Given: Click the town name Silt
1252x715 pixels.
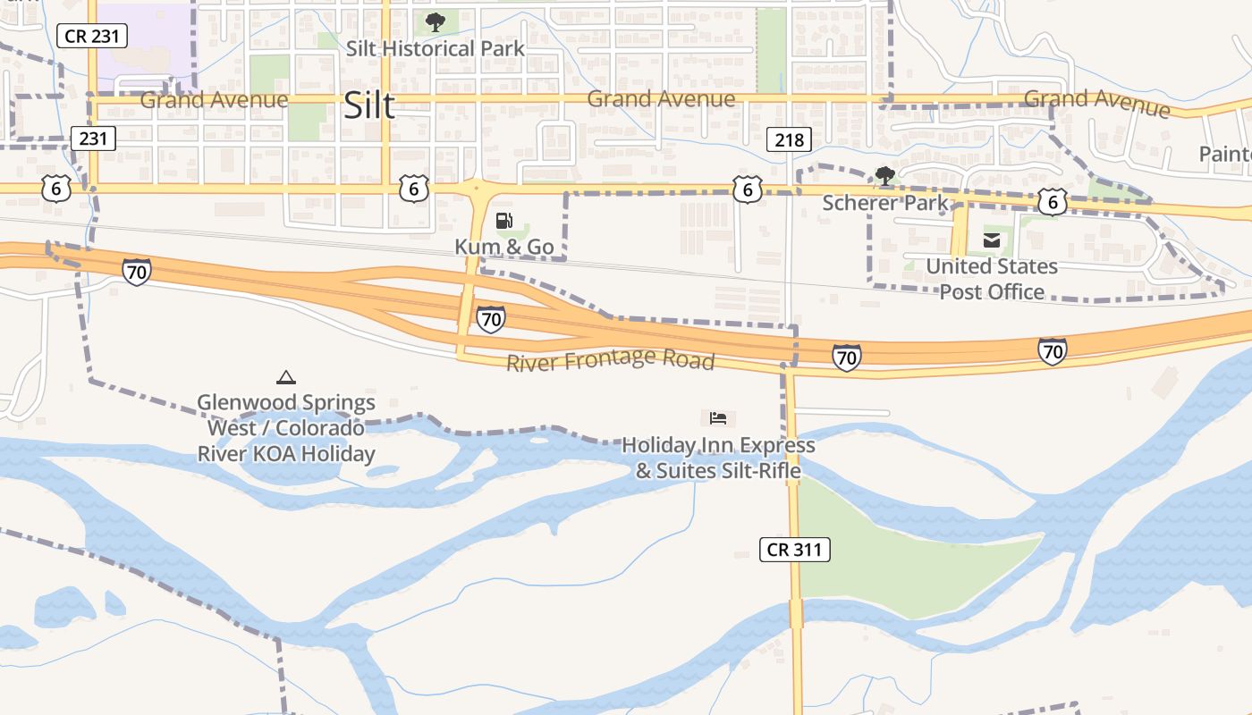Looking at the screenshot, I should click(369, 106).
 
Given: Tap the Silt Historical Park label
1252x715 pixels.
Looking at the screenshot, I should click(436, 48).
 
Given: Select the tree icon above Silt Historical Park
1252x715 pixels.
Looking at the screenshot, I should click(436, 22).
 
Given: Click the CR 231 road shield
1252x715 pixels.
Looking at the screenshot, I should click(92, 36).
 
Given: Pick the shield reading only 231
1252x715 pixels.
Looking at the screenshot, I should click(93, 139).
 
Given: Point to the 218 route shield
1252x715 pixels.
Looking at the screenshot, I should click(789, 139).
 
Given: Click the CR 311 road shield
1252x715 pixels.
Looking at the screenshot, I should click(795, 550).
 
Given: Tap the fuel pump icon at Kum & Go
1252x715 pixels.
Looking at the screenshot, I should click(504, 221).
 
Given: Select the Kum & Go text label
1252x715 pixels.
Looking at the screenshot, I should click(504, 247).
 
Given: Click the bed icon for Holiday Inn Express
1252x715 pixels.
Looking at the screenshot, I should click(718, 417).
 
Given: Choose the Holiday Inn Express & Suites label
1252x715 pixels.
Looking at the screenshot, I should click(718, 457).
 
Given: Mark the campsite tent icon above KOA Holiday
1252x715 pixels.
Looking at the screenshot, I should click(286, 377).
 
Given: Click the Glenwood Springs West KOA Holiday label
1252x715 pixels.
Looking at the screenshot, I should click(286, 428).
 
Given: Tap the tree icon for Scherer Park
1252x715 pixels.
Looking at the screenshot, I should click(885, 176).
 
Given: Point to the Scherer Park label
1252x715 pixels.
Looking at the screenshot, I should click(885, 203).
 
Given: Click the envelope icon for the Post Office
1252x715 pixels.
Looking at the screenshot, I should click(992, 240).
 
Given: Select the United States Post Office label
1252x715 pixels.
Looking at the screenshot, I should click(992, 279).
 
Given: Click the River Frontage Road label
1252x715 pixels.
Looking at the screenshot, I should click(611, 360).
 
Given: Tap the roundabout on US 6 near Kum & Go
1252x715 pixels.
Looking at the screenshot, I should click(476, 189).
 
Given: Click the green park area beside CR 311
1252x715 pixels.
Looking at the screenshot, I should click(894, 545).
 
